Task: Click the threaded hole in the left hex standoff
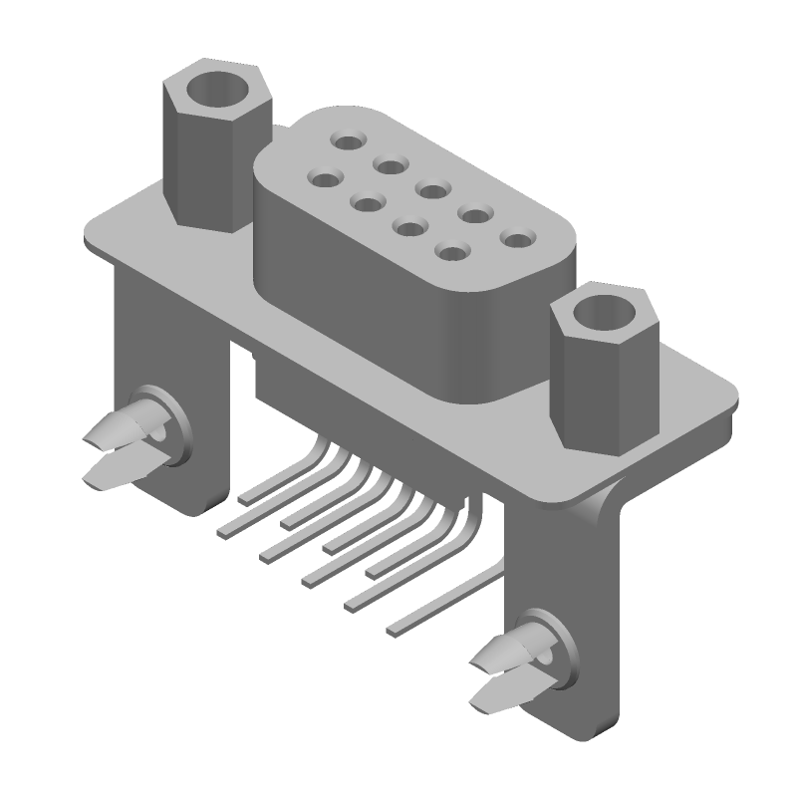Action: click(217, 89)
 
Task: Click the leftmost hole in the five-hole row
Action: click(348, 142)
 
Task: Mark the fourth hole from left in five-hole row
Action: click(473, 213)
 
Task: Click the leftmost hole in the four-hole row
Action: click(324, 179)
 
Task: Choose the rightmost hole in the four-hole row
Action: click(453, 253)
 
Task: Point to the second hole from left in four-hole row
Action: click(368, 204)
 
